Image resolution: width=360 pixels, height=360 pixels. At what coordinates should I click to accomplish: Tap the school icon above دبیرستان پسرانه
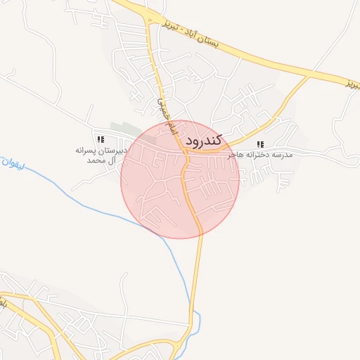tap(101, 140)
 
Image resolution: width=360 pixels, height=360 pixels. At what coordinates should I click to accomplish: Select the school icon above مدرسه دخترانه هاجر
tap(260, 145)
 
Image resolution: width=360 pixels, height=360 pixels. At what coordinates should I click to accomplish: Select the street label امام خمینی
tap(163, 112)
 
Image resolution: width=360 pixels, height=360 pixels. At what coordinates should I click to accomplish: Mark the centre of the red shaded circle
tap(180, 179)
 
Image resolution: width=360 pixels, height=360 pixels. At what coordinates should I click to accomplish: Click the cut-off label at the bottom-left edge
tap(3, 302)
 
